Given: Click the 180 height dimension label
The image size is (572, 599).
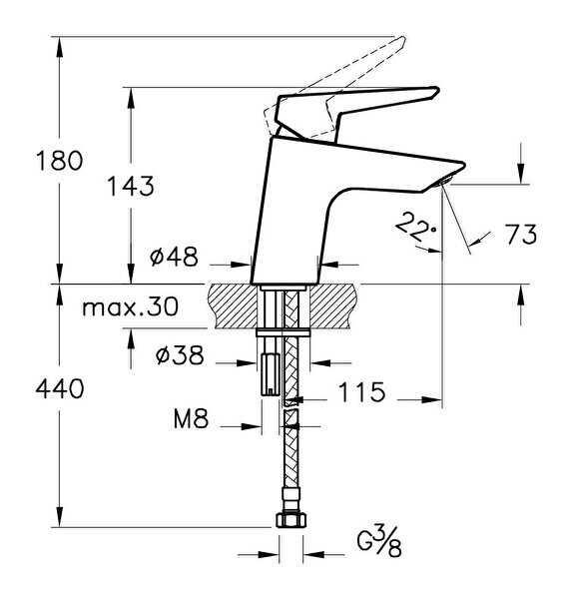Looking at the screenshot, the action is (59, 161).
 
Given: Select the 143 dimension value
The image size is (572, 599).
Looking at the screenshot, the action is (131, 187).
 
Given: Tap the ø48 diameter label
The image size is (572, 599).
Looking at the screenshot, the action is (175, 257).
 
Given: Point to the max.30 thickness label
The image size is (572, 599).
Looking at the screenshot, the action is (131, 306).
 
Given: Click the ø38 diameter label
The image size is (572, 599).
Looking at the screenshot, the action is (180, 355).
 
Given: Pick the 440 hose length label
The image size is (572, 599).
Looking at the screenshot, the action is (60, 388).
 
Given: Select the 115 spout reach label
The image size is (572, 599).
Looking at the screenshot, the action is (361, 392).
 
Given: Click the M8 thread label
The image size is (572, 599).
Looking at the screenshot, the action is (191, 418).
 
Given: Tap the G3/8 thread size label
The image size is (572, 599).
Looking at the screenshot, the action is (379, 541).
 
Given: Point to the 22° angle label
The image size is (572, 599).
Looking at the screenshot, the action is (416, 227).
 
